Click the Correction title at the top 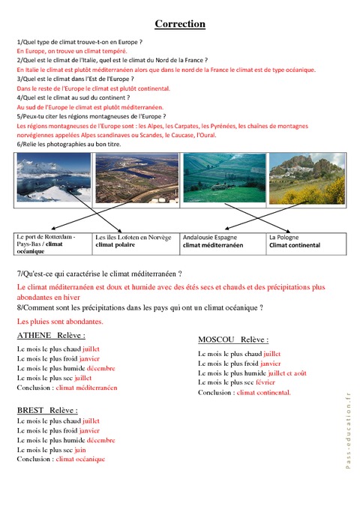pyautogui.click(x=180, y=24)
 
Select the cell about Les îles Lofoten pyautogui.click(x=136, y=241)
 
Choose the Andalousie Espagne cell pyautogui.click(x=223, y=241)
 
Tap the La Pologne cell pyautogui.click(x=306, y=241)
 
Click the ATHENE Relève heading pyautogui.click(x=51, y=335)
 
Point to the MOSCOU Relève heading pyautogui.click(x=233, y=340)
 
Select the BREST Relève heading pyautogui.click(x=47, y=410)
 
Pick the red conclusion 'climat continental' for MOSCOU pyautogui.click(x=263, y=392)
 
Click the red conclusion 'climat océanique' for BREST pyautogui.click(x=80, y=459)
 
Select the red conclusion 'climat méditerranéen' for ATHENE pyautogui.click(x=86, y=388)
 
